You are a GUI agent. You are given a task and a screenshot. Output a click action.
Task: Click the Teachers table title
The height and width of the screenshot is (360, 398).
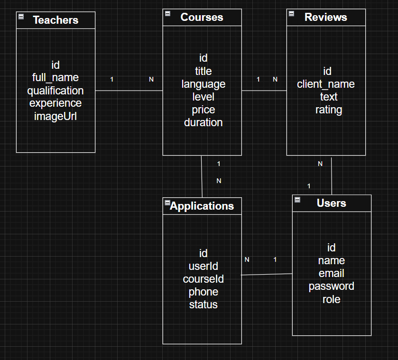[56, 20]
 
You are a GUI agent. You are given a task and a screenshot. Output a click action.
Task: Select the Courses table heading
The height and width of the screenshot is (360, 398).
[202, 18]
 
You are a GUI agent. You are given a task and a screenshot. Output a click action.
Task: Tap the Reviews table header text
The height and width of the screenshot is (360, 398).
[325, 18]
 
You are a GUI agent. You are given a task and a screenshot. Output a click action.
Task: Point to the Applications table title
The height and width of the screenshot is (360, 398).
[202, 206]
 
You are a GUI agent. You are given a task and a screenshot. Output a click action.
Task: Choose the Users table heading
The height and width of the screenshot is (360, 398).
[331, 203]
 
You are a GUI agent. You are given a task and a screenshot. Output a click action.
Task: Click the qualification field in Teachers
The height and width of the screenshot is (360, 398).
[56, 91]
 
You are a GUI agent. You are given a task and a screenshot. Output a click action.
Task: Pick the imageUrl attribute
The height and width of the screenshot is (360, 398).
[56, 116]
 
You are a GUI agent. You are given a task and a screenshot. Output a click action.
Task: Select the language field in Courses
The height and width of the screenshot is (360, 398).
[203, 84]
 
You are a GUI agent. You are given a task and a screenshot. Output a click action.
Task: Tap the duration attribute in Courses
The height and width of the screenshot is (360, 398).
[203, 123]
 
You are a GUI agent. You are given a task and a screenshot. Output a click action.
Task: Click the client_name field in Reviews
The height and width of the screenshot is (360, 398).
[326, 84]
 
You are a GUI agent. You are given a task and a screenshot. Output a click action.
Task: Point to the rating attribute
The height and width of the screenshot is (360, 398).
[328, 110]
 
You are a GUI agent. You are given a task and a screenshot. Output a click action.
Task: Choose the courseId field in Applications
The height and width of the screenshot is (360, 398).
[203, 279]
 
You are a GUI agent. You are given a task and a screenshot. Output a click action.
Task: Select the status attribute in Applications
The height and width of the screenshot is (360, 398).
[203, 305]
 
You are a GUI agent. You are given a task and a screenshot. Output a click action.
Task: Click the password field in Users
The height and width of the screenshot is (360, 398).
[331, 286]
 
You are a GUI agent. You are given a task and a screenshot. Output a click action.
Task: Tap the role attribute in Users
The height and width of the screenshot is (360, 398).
[331, 299]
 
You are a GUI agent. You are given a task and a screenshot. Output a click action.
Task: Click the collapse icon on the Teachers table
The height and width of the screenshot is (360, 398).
[21, 17]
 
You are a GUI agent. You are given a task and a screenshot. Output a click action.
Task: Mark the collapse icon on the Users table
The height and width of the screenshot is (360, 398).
[297, 200]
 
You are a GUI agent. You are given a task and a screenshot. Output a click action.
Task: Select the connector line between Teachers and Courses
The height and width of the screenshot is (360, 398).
[129, 90]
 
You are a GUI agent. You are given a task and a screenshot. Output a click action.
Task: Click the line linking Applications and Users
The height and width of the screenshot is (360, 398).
[267, 274]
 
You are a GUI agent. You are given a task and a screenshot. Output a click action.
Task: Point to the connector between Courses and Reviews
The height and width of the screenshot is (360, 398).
[264, 90]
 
